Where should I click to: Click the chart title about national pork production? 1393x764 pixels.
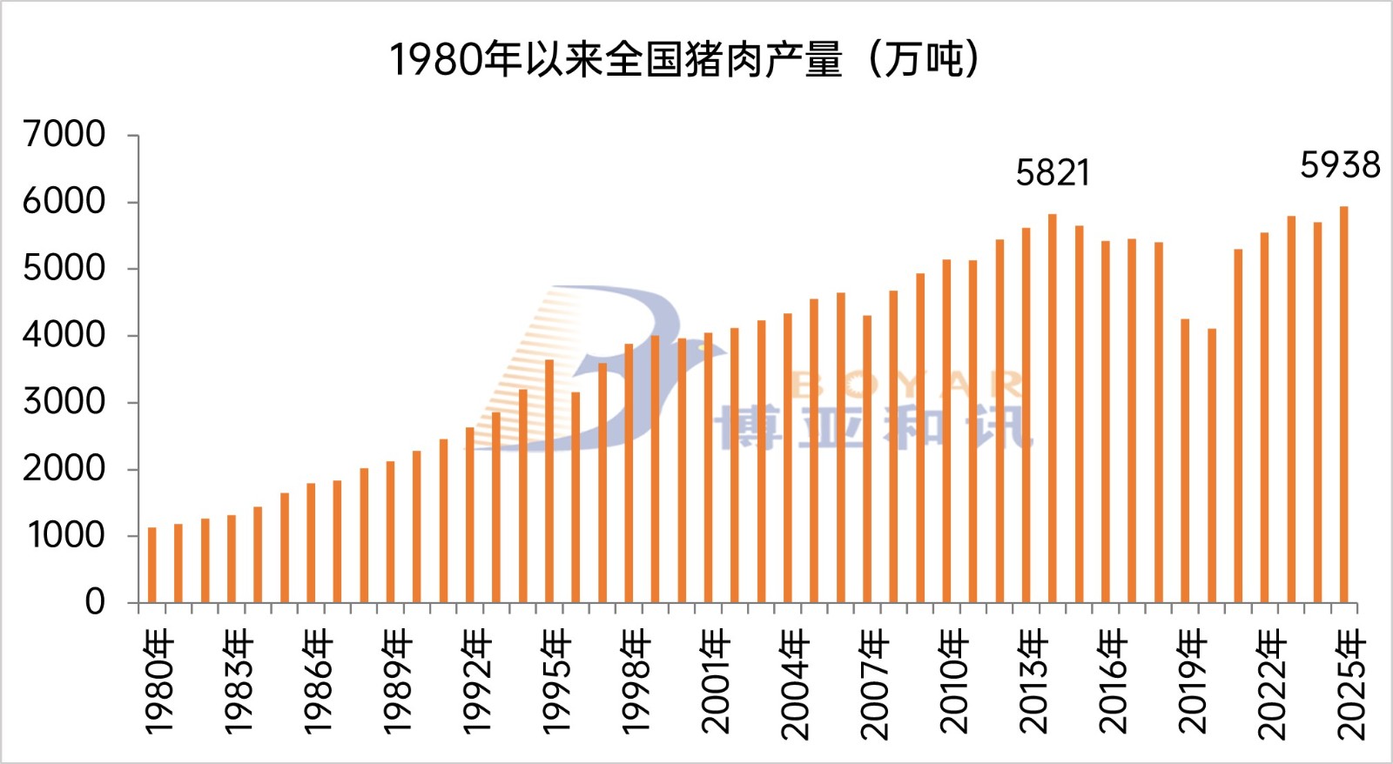(684, 59)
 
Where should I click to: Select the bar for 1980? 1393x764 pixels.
(152, 566)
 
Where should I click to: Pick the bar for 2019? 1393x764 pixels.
(1185, 461)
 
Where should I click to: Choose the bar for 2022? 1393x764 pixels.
(1264, 418)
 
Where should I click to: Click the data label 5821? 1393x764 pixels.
(1053, 173)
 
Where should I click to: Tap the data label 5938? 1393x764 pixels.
(1340, 165)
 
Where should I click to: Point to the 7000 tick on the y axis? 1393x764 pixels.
(64, 134)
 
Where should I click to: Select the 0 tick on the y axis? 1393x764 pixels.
(95, 602)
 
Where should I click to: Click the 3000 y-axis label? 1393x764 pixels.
(64, 402)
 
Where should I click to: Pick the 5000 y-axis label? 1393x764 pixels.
(64, 268)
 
